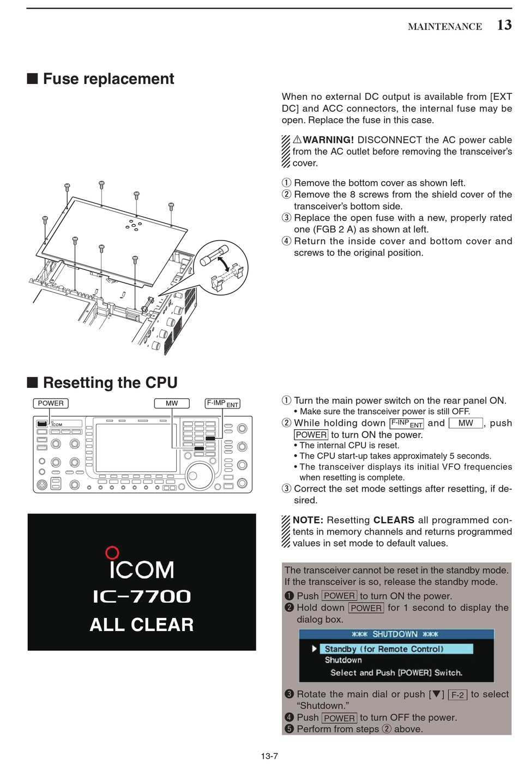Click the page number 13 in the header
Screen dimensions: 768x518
[504, 25]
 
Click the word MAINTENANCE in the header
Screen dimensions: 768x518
[444, 26]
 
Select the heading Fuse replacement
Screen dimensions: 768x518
[108, 79]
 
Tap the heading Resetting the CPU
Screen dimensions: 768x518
[110, 383]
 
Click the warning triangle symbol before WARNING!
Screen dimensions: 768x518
[297, 140]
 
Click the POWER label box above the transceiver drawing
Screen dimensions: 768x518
[51, 403]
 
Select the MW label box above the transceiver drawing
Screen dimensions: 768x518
[172, 403]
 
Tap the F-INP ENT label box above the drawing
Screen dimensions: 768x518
[222, 404]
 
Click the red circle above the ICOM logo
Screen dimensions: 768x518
[112, 553]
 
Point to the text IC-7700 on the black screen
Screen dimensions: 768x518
[142, 597]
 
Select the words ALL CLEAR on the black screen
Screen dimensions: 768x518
[142, 625]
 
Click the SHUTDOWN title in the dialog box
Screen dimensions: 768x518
[395, 634]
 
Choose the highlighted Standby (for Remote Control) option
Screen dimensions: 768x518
[384, 649]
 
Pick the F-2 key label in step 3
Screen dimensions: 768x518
[457, 695]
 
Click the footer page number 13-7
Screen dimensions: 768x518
[269, 756]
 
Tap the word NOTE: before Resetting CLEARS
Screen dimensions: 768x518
[308, 520]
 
